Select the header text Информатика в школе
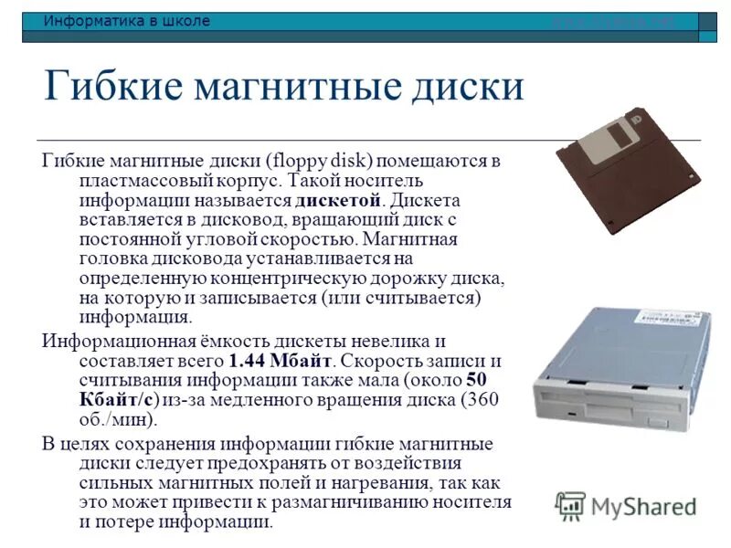pyautogui.click(x=127, y=21)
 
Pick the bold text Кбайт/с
pyautogui.click(x=119, y=400)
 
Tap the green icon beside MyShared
pyautogui.click(x=570, y=505)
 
